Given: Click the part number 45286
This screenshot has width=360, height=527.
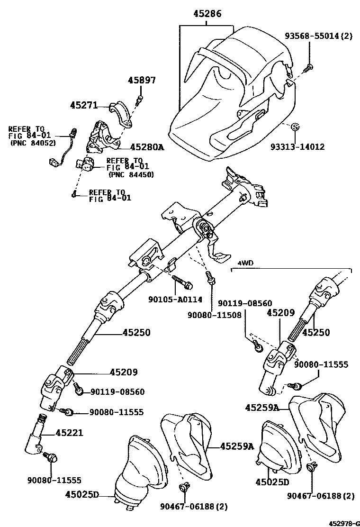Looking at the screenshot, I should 207,14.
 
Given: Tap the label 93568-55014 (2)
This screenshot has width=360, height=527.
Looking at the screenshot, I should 318,36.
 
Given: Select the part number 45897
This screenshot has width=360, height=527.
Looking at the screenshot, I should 141,81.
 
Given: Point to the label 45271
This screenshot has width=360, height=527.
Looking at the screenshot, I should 84,105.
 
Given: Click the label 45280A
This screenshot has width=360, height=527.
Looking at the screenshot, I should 147,147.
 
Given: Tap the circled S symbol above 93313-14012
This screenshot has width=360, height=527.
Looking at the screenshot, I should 294,127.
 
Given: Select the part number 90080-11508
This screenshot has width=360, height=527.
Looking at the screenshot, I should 214,314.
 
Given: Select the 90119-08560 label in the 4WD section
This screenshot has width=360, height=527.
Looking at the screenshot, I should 245,303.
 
